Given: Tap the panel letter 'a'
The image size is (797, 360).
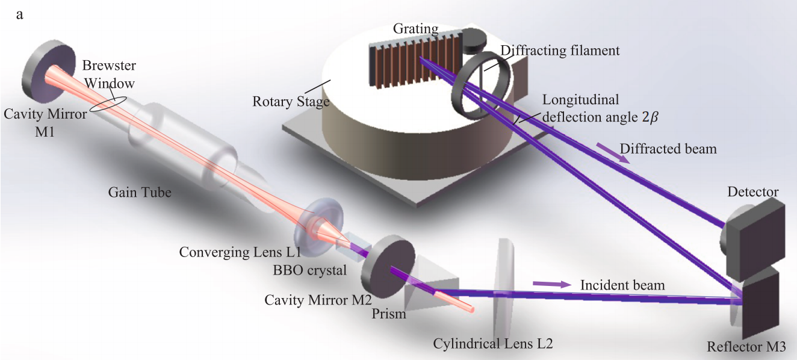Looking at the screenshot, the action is click(x=20, y=15).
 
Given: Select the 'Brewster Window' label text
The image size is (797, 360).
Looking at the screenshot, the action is click(x=109, y=75).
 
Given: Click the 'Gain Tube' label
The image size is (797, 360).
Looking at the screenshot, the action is click(x=140, y=193).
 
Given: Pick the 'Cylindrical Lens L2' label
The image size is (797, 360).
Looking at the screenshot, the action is click(x=493, y=344).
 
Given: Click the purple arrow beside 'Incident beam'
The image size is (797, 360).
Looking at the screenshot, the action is click(x=552, y=284).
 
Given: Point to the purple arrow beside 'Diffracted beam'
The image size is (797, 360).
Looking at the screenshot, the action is click(x=613, y=153).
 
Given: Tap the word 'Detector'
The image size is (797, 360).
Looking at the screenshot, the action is click(x=753, y=191).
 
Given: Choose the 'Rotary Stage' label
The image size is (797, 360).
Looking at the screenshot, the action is click(x=291, y=101).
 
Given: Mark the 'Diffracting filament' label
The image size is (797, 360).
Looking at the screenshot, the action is click(x=560, y=51).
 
